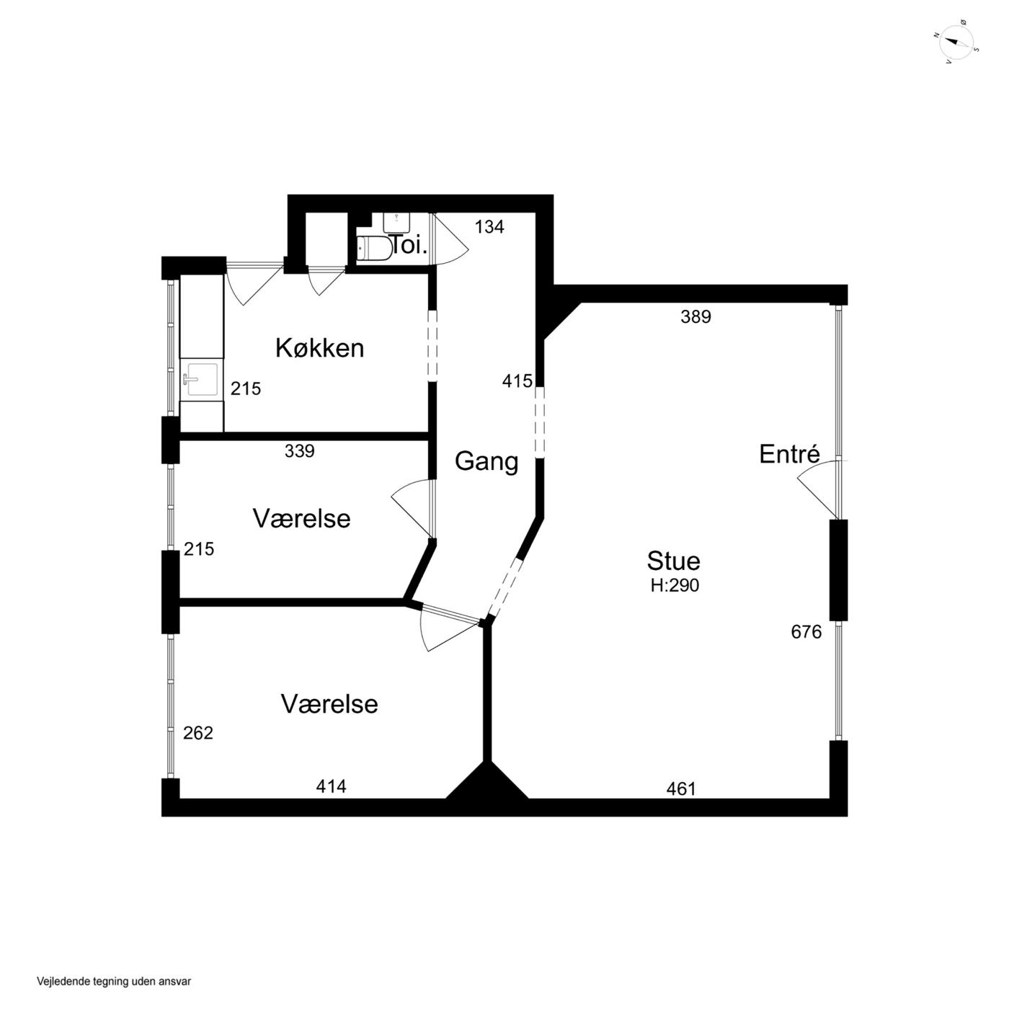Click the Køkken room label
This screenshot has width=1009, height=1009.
[319, 348]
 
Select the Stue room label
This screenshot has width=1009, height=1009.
[673, 561]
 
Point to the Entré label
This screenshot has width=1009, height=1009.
[789, 454]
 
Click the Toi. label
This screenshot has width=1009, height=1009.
[409, 246]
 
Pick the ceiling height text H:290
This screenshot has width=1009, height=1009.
[675, 585]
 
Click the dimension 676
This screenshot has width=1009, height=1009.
[806, 632]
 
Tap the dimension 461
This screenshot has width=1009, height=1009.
[680, 788]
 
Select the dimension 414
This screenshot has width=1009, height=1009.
[331, 786]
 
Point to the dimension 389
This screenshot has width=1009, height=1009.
[695, 316]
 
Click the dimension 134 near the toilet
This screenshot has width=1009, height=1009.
[489, 227]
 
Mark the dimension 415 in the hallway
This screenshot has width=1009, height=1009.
[517, 381]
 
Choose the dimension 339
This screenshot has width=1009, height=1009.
[300, 450]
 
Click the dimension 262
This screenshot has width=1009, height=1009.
[198, 733]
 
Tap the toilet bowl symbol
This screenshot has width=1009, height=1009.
[374, 248]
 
